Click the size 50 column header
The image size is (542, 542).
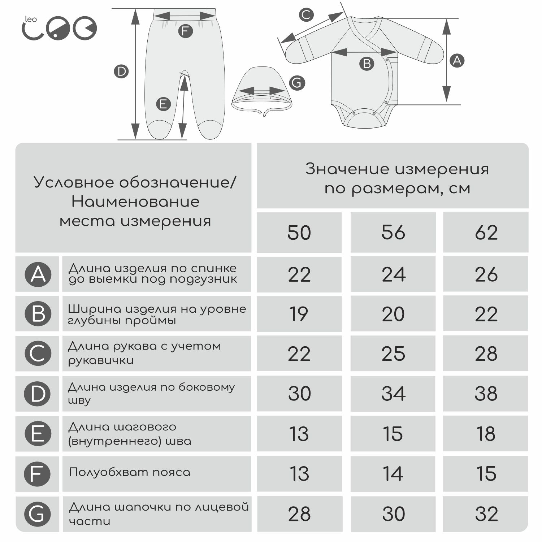click(299, 233)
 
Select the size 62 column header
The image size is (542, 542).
click(486, 233)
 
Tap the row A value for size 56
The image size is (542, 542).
click(394, 275)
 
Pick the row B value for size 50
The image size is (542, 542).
click(299, 314)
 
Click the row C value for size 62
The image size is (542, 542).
click(486, 354)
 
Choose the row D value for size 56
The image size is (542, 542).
click(394, 394)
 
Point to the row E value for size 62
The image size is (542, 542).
click(486, 434)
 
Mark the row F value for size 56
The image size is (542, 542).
click(393, 474)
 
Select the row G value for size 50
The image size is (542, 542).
click(299, 514)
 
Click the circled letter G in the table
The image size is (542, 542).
click(38, 514)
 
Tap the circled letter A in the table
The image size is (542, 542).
click(38, 274)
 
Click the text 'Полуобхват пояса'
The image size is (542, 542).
click(129, 472)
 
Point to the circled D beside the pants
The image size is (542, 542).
click(121, 71)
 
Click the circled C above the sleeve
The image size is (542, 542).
click(306, 15)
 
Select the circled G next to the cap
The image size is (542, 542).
click(297, 83)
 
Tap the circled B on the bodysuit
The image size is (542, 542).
click(367, 64)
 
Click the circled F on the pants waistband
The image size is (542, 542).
click(185, 31)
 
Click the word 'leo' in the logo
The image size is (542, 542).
click(31, 19)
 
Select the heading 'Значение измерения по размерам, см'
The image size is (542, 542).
click(397, 178)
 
